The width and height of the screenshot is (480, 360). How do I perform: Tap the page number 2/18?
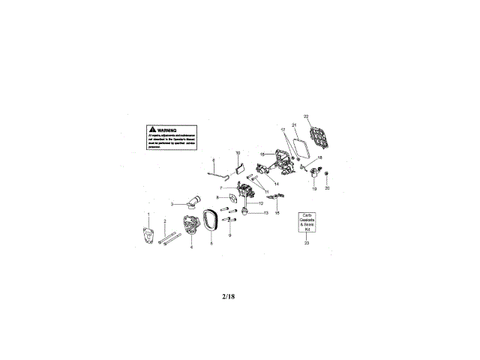[229, 297]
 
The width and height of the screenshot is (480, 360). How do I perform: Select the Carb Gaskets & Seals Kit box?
[306, 222]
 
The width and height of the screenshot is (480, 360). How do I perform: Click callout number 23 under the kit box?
[306, 242]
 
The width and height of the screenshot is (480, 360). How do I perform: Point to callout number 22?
[305, 116]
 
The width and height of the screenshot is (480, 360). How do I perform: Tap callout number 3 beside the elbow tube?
[172, 203]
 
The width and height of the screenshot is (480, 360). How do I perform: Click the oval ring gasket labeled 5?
[211, 223]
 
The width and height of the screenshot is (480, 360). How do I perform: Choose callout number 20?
[327, 188]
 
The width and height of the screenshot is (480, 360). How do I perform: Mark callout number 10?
[238, 153]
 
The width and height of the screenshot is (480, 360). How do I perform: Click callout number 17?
[283, 130]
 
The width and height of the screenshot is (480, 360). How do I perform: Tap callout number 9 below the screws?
[229, 236]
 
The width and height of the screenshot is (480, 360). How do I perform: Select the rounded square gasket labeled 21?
[299, 145]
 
